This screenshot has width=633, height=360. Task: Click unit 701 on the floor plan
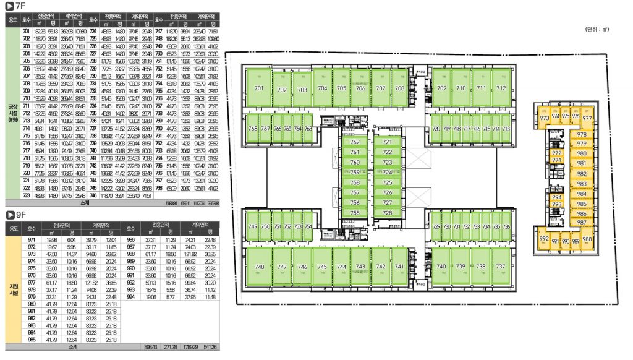260,89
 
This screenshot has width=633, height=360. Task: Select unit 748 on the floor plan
260,267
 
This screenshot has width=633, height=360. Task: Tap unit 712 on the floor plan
501,88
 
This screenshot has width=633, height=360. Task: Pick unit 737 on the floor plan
500,267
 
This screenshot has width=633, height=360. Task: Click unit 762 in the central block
355,142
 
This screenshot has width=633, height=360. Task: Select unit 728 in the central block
388,212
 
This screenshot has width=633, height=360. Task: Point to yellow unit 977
587,118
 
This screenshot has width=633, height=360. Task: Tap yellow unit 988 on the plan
587,239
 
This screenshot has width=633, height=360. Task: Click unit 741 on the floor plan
400,267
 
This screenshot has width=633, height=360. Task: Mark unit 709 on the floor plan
441,88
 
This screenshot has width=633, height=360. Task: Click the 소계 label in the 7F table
85,202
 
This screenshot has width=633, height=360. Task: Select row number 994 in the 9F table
131,297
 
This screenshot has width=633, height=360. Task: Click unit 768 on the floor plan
252,128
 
